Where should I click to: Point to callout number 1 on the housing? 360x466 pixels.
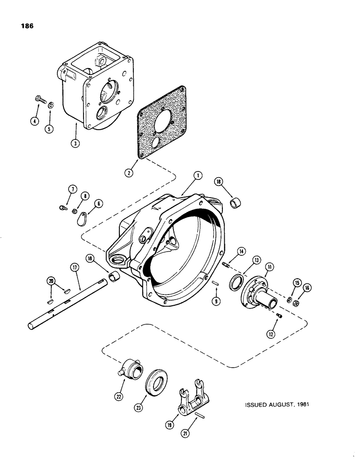pos(198,176)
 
